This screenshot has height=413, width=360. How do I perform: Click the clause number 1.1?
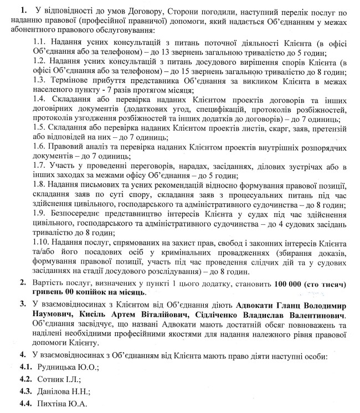coord(40,42)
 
